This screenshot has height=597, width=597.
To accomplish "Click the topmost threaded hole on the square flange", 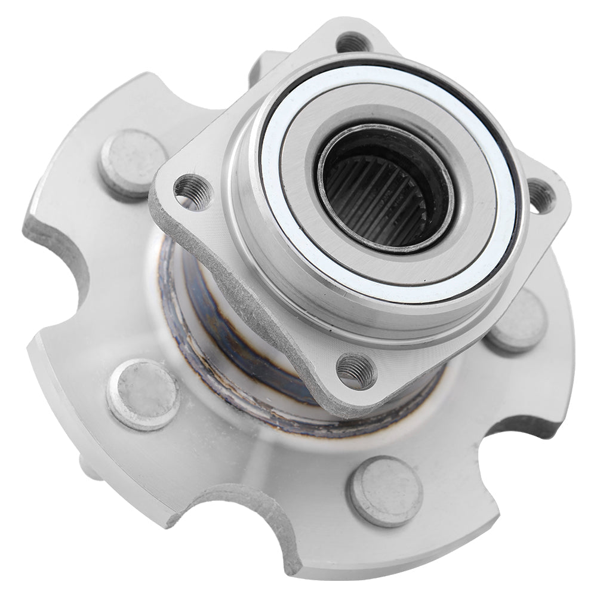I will click(x=352, y=43).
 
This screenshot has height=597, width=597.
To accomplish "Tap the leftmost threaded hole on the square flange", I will click(x=193, y=192).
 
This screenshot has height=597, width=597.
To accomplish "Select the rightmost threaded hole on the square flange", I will click(x=541, y=195).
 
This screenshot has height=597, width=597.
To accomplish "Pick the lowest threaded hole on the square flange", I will click(x=356, y=371).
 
